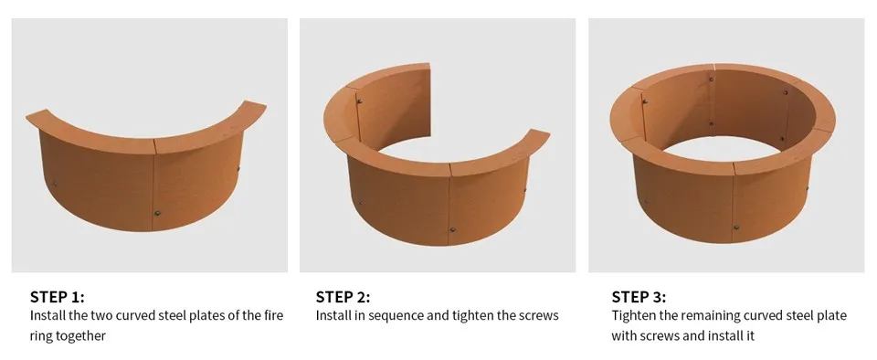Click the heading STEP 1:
click(57, 297)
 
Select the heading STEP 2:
click(343, 297)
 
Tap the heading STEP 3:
click(639, 297)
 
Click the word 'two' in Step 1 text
click(109, 316)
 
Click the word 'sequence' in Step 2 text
click(393, 316)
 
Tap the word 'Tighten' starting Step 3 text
click(632, 316)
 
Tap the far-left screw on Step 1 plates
click(54, 183)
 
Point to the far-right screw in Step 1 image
click(238, 170)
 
